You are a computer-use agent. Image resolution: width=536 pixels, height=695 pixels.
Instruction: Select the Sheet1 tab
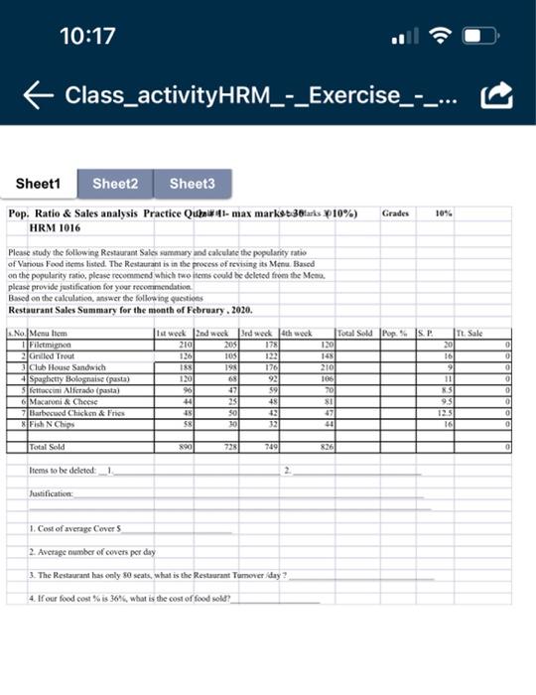[39, 184]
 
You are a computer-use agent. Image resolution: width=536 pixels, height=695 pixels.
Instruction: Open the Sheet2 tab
[115, 184]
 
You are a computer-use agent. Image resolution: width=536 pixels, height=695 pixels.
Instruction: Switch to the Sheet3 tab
[192, 184]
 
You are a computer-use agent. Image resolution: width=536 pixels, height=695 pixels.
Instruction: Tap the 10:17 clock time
[87, 37]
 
